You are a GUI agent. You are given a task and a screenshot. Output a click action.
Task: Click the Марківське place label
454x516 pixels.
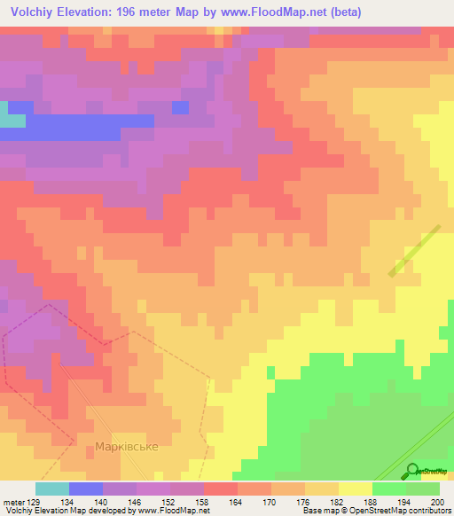point(128,446)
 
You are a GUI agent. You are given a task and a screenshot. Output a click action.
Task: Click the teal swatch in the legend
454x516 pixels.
point(52,489)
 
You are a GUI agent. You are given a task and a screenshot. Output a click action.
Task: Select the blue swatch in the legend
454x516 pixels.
point(86,489)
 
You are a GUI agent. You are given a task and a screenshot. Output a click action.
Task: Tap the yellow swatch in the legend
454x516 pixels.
point(356,489)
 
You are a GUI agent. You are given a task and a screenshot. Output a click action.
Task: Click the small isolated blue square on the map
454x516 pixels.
point(180,107)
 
